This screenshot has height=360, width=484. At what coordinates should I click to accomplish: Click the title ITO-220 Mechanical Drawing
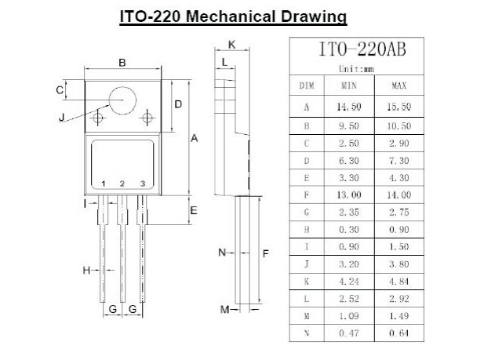[x=233, y=16]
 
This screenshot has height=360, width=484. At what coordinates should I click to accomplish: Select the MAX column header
[x=398, y=85]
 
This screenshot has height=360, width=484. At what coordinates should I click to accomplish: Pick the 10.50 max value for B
[x=398, y=125]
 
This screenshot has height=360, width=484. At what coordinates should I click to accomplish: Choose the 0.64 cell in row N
[x=398, y=333]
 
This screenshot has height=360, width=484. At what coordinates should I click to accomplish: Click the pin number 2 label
[x=122, y=184]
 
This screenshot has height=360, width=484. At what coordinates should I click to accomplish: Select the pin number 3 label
[x=142, y=184]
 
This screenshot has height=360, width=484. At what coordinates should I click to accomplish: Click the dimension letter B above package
[x=122, y=63]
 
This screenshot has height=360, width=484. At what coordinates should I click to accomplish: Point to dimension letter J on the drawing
[x=62, y=119]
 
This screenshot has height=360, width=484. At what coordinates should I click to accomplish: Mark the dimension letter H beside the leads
[x=86, y=271]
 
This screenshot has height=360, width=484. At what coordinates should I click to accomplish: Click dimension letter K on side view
[x=231, y=44]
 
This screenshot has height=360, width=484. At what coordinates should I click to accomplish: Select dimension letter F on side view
[x=267, y=253]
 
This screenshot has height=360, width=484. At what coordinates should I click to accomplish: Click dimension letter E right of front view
[x=193, y=210]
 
